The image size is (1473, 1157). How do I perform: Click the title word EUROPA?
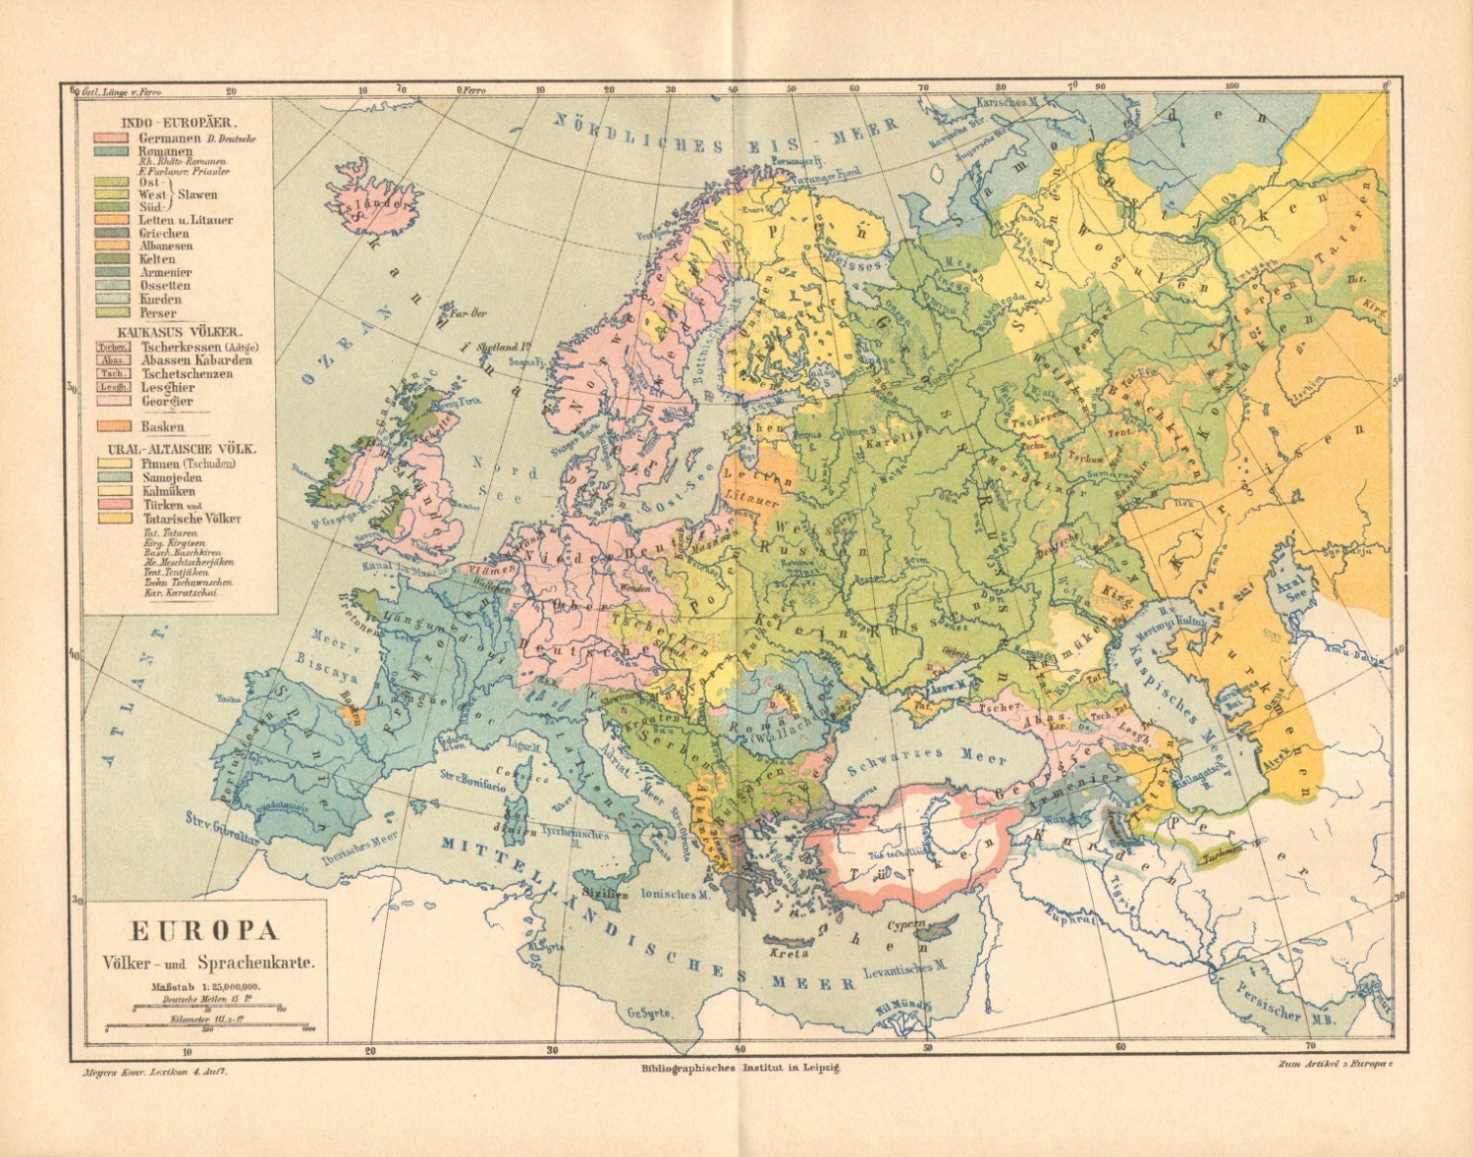click(x=205, y=930)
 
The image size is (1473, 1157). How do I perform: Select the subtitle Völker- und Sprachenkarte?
click(x=205, y=963)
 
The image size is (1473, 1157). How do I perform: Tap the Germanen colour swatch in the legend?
click(x=110, y=138)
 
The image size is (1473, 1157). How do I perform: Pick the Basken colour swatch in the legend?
click(x=110, y=426)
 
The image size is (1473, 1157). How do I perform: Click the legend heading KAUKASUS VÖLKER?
click(x=180, y=332)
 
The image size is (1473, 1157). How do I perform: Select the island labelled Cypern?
click(x=928, y=926)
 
